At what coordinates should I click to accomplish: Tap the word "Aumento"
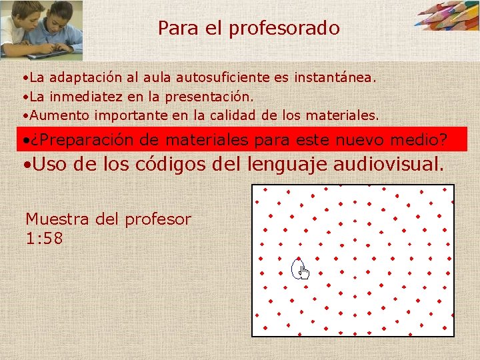(61, 115)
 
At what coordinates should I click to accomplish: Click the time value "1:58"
(44, 238)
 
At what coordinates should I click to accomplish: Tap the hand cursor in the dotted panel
(302, 270)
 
